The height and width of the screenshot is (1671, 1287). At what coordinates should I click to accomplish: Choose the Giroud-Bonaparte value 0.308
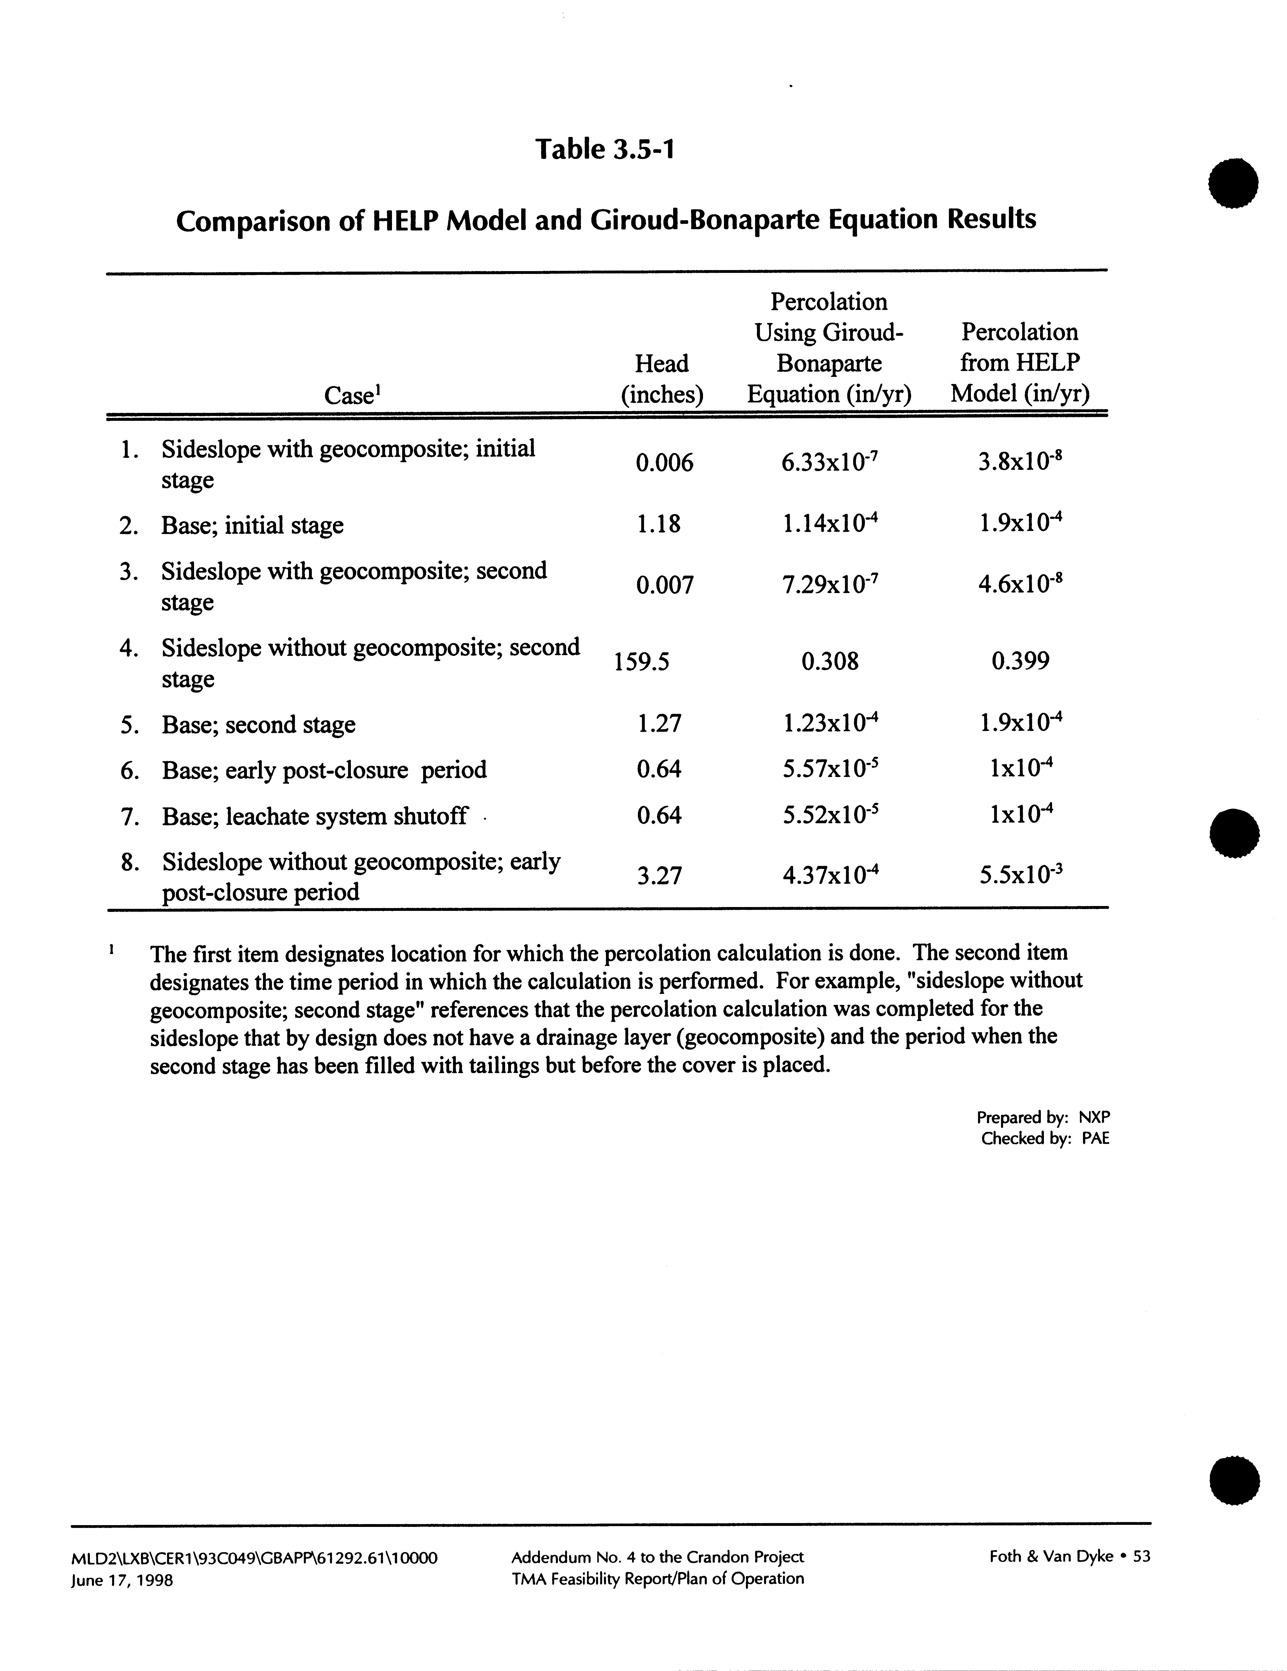pos(830,661)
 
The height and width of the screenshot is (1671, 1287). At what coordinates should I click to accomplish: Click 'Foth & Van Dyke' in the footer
pos(1051,1556)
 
